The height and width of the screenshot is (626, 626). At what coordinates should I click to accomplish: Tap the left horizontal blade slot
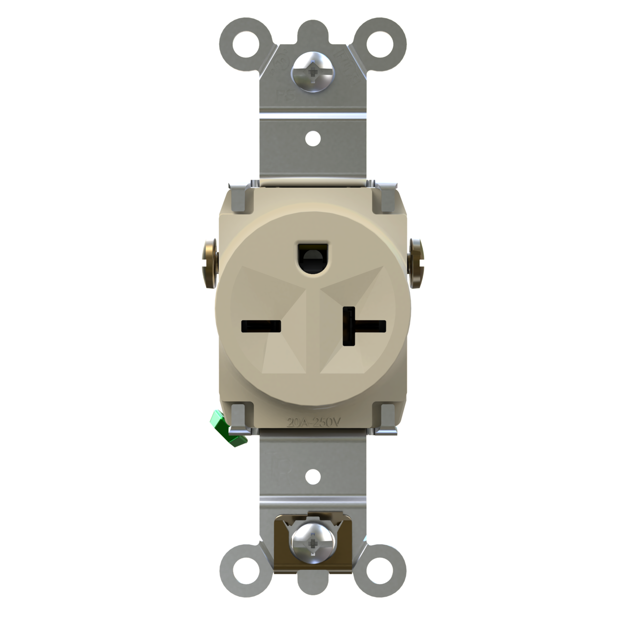[x=262, y=326]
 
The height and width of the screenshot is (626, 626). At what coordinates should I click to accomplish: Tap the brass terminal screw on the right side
[x=417, y=263]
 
